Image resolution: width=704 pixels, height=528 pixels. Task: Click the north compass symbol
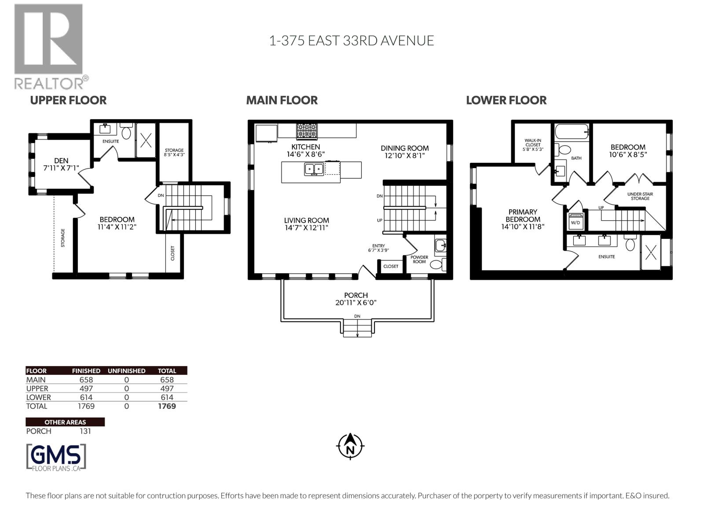pos(350,446)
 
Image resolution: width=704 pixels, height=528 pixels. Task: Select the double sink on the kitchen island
pos(314,169)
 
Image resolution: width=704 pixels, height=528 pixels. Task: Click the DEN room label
pos(61,161)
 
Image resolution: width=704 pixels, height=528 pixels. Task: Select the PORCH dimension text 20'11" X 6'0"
pos(356,303)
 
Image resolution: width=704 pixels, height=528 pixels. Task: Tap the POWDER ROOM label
pos(419,260)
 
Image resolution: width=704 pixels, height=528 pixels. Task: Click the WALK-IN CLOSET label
pos(532,144)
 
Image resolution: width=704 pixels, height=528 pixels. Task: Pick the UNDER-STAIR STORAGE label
pos(640,196)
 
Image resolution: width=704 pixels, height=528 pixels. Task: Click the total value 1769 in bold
pos(167,406)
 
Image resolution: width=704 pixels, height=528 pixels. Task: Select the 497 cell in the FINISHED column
pos(86,389)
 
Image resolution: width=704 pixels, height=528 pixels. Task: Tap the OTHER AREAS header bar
pos(65,422)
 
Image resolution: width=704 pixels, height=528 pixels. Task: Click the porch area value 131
pos(85,431)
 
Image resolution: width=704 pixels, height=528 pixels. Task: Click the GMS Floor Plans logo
pos(56,458)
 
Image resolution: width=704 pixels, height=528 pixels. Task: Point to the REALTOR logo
pos(49,46)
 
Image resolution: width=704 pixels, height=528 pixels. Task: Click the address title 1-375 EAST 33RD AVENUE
pos(351,40)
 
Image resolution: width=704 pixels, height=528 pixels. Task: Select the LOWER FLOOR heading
pos(506,100)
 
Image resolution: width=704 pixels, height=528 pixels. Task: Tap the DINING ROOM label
pos(404,148)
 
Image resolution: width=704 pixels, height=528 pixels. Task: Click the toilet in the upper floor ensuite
pos(126,132)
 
